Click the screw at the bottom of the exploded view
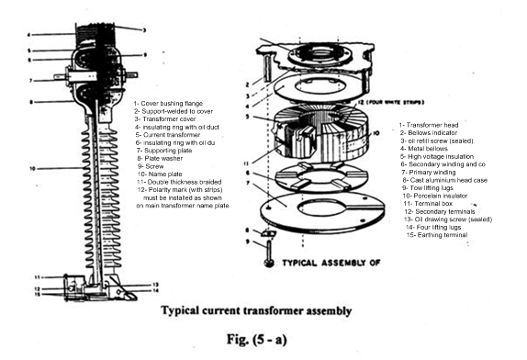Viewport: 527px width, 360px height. coord(266,263)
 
